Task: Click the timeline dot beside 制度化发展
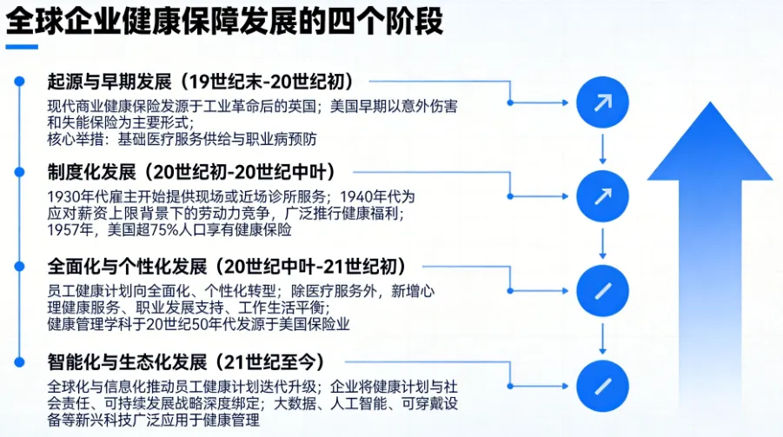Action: click(x=18, y=170)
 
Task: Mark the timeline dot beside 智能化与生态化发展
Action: click(x=18, y=361)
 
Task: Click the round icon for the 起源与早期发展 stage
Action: click(x=601, y=103)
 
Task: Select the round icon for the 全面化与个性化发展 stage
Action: click(x=601, y=288)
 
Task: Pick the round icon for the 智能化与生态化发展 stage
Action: click(x=601, y=383)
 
